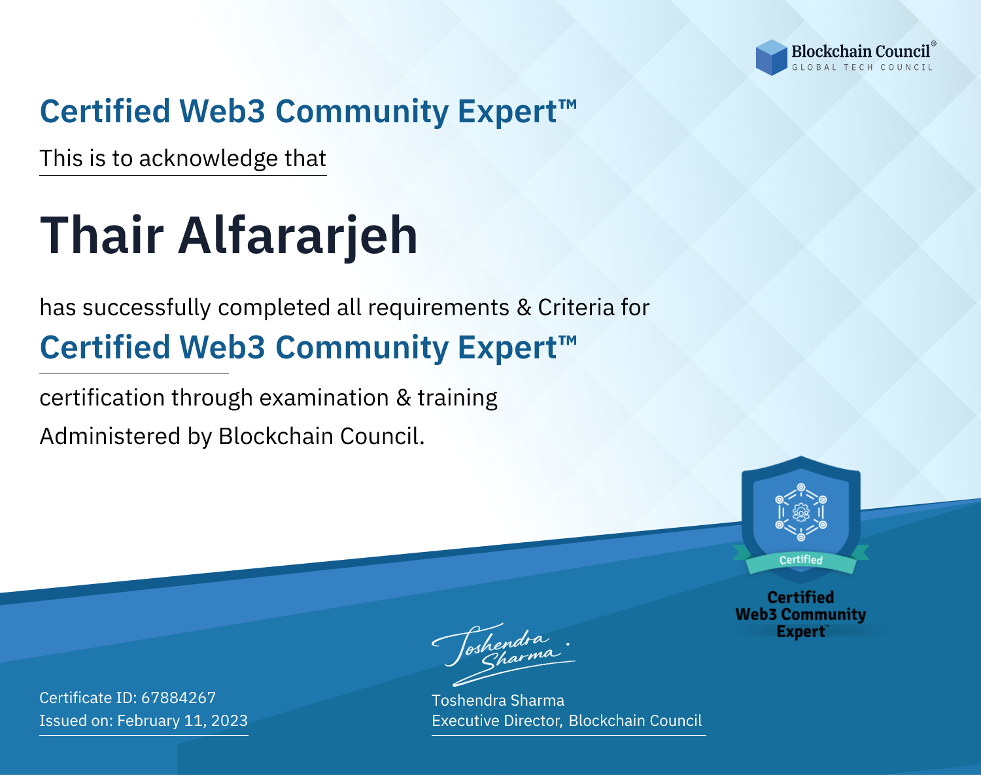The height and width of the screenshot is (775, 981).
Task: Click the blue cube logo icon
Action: (x=771, y=58)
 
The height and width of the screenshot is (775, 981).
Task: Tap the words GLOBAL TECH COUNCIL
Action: (x=862, y=67)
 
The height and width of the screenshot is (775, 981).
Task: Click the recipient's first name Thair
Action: (x=101, y=235)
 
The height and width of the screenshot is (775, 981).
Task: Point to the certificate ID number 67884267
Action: (x=179, y=697)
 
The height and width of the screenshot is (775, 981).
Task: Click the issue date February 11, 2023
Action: (x=182, y=721)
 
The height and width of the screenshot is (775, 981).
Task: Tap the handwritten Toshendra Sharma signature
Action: (x=504, y=654)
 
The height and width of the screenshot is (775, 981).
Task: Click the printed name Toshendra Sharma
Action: (x=498, y=700)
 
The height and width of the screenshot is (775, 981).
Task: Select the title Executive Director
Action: (x=496, y=721)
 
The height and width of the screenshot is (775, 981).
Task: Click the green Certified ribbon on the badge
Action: (x=801, y=560)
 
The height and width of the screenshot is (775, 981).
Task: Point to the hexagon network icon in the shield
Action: (x=801, y=512)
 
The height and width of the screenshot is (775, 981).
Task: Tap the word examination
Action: (x=324, y=398)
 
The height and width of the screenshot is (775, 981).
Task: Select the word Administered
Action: (x=111, y=436)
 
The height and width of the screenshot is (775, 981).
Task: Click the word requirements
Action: (x=439, y=308)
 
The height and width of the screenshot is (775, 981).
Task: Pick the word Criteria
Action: (x=576, y=307)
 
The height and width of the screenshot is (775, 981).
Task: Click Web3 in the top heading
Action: (x=222, y=111)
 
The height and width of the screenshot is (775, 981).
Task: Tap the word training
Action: (x=458, y=398)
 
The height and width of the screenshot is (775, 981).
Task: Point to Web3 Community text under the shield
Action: (x=800, y=615)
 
